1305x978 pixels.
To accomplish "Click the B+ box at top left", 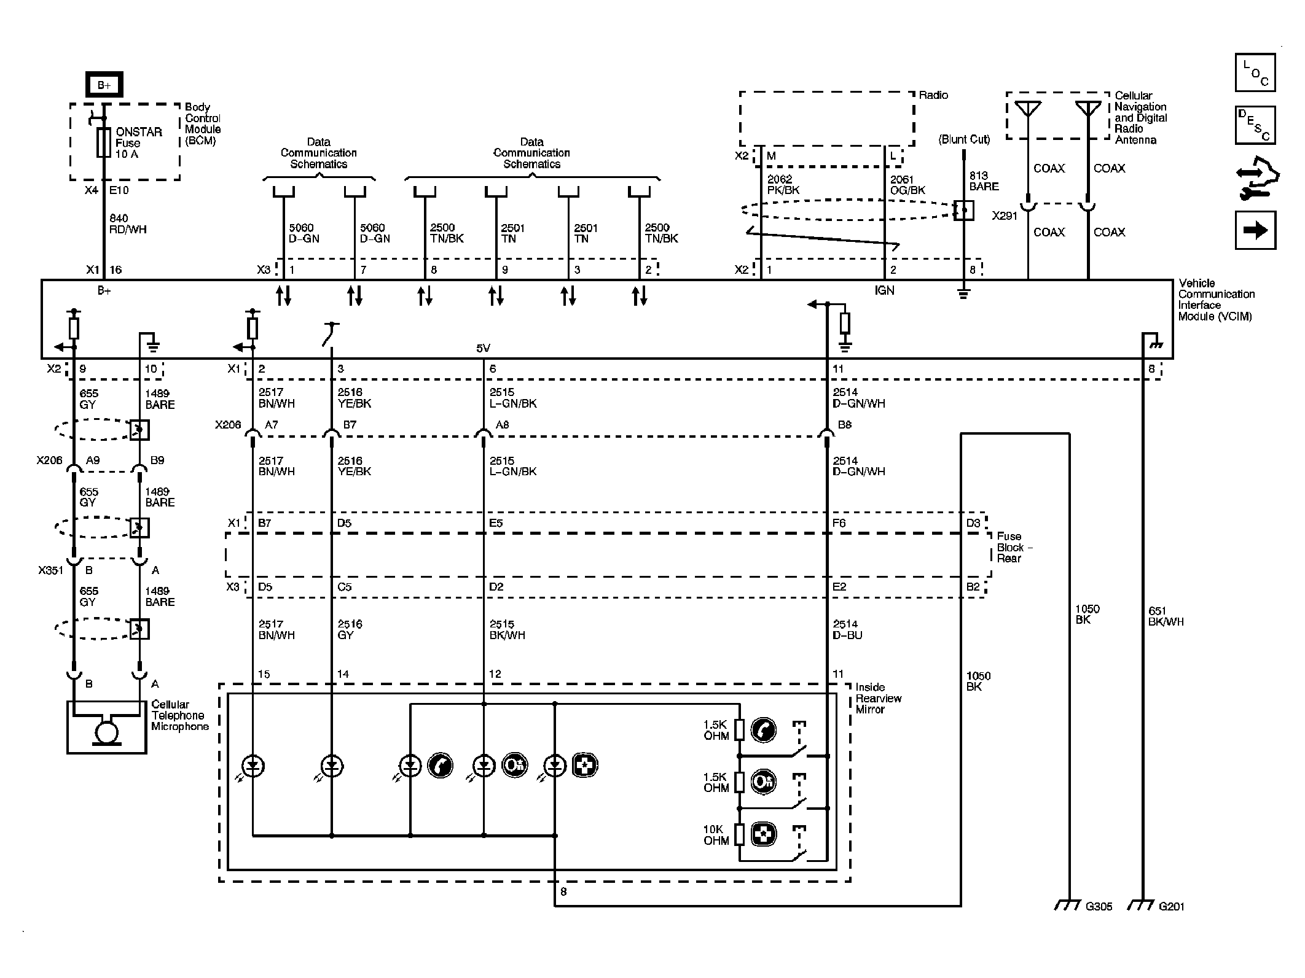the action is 104,85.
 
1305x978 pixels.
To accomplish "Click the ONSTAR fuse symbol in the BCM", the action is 104,143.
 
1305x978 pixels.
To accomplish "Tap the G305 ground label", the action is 1099,906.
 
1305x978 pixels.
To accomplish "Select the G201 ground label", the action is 1172,906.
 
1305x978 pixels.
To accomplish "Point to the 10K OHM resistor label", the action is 716,835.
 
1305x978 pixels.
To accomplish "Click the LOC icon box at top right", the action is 1255,72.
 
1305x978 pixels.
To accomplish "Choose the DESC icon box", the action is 1255,125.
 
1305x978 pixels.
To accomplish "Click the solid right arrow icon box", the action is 1255,230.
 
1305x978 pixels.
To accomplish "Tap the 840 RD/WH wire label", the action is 128,224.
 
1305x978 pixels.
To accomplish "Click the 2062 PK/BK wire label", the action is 783,185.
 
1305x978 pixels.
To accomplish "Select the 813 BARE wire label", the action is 984,181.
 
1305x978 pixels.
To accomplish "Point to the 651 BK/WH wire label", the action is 1166,616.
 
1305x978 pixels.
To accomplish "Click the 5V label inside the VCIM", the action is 484,348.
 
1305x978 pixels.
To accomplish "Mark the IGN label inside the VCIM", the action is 884,290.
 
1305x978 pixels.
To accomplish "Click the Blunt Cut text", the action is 964,139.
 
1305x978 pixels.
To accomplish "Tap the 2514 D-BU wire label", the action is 847,629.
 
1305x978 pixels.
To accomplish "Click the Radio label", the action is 933,95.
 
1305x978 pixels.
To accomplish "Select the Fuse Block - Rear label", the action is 1014,547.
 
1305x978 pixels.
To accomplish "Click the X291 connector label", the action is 1005,216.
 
